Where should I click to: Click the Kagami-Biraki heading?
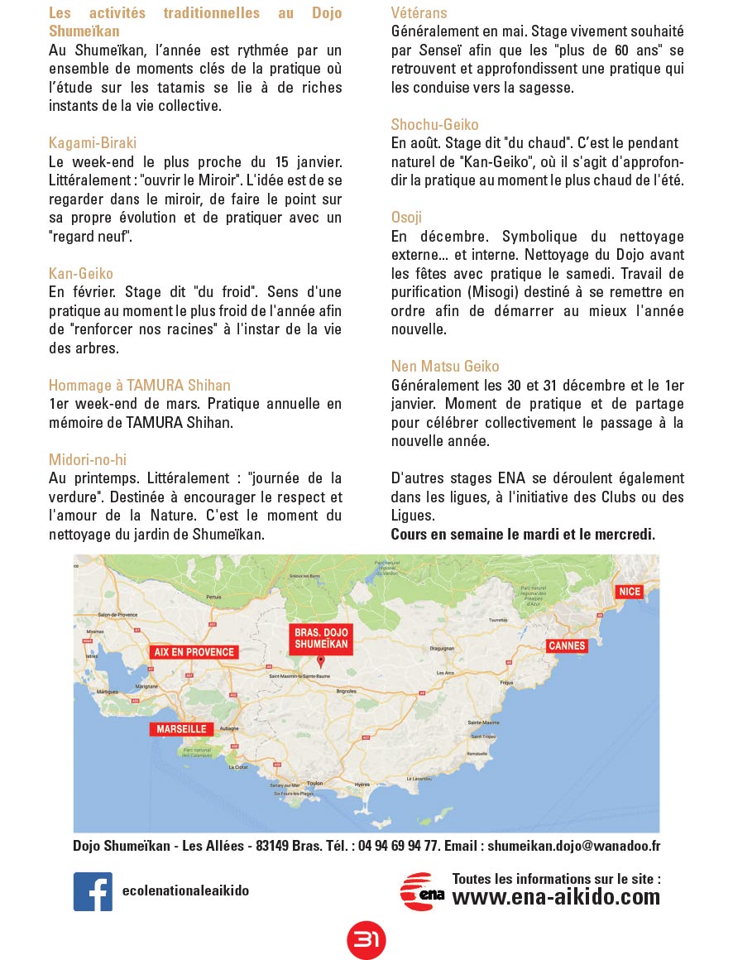point(93,142)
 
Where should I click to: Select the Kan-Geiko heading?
point(81,273)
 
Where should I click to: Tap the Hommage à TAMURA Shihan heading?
point(140,385)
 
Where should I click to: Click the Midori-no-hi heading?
point(88,459)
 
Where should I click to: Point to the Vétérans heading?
point(419,12)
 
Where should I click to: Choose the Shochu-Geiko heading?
point(435,124)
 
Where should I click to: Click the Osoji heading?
point(407,217)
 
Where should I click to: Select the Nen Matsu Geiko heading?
point(445,366)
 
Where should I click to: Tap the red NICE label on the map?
point(629,591)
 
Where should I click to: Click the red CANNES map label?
point(567,646)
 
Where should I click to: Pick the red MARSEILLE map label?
point(182,729)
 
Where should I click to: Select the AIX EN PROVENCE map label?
point(194,651)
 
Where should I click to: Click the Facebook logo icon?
point(93,891)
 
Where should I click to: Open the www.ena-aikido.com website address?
point(556,897)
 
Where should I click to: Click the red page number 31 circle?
point(366,939)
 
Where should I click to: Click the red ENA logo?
point(423,892)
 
